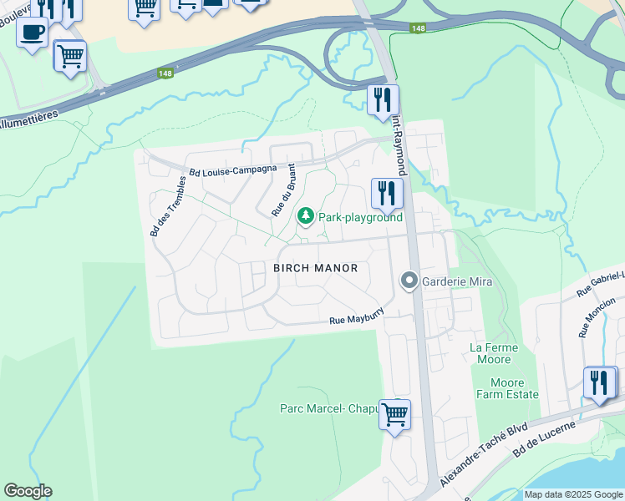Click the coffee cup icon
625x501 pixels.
coord(33,33)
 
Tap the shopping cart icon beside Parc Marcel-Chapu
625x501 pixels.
coord(394,413)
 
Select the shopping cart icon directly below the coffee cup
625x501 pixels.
coord(70,56)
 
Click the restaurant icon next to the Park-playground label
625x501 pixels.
coord(387,194)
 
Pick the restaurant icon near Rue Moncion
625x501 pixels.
coord(599,382)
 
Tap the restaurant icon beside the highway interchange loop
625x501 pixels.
coord(383,100)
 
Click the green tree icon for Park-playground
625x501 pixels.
coord(307,217)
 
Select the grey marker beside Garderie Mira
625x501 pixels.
coord(409,281)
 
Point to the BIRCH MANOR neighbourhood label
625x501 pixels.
coord(316,268)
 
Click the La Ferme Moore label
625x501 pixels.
coord(494,353)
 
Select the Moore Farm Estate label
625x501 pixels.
coord(508,388)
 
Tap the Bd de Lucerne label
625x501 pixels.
coord(545,438)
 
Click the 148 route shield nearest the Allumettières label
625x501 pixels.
coord(165,74)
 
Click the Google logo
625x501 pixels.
coord(28,491)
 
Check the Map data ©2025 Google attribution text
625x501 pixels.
coord(573,494)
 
